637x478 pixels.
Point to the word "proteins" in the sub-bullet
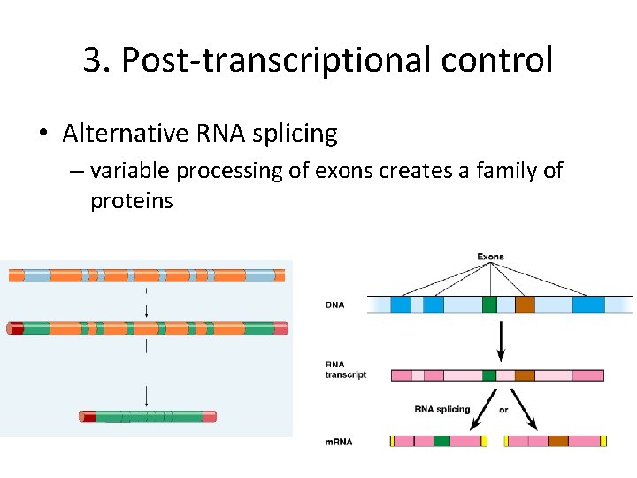[x=132, y=201]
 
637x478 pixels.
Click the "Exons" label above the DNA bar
[x=490, y=258]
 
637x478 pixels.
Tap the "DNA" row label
[x=335, y=305]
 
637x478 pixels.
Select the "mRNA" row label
[x=338, y=441]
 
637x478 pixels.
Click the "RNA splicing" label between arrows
[x=442, y=409]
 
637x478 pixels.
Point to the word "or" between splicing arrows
[x=503, y=409]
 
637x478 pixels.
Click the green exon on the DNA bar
[x=489, y=305]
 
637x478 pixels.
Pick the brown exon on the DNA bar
[x=525, y=305]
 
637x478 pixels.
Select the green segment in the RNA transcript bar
[x=488, y=375]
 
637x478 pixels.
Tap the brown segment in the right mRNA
[x=557, y=441]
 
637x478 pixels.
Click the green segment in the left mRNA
[x=441, y=441]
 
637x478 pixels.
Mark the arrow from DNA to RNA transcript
[x=502, y=340]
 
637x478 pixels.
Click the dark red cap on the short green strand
[x=88, y=416]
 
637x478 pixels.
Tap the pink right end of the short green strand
[x=209, y=416]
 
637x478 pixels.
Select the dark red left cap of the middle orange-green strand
[x=16, y=328]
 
